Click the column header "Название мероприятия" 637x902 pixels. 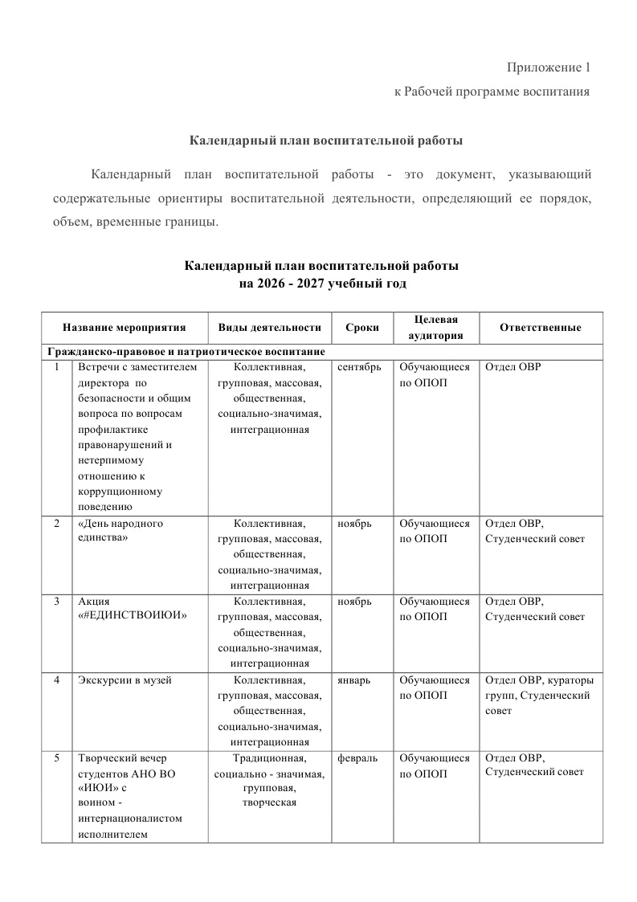point(125,328)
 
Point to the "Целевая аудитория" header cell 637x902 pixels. point(436,328)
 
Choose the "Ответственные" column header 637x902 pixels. point(540,328)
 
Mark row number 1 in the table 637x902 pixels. point(57,367)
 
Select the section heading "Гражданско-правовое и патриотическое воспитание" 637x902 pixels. point(186,352)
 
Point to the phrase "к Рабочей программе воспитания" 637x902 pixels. point(492,92)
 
